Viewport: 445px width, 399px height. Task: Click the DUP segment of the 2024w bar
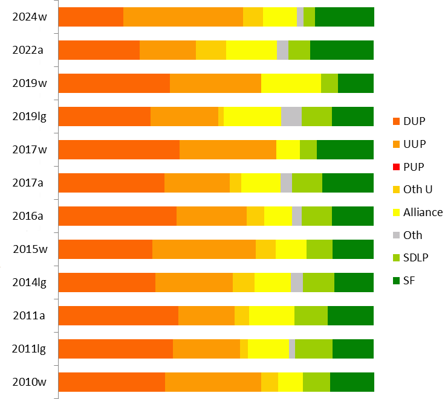pyautogui.click(x=91, y=17)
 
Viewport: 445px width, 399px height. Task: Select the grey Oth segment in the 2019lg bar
pyautogui.click(x=291, y=117)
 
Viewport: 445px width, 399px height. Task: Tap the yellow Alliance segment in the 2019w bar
pyautogui.click(x=291, y=83)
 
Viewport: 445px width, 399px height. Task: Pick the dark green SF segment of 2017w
pyautogui.click(x=345, y=149)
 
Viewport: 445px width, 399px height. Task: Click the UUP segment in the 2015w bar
pyautogui.click(x=204, y=249)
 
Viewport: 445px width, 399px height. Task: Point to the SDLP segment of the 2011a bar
pyautogui.click(x=311, y=315)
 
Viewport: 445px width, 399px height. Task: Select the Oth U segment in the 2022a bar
pyautogui.click(x=211, y=50)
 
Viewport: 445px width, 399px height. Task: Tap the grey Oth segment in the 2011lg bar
pyautogui.click(x=292, y=348)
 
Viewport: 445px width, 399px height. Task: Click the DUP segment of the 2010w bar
pyautogui.click(x=112, y=381)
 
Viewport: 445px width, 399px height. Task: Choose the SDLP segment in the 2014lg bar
pyautogui.click(x=319, y=282)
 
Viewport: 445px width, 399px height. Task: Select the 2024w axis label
pyautogui.click(x=29, y=17)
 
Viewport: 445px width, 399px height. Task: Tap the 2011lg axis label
pyautogui.click(x=29, y=348)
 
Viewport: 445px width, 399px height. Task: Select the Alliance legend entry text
pyautogui.click(x=423, y=212)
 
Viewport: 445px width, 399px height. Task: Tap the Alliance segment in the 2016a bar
pyautogui.click(x=278, y=215)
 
